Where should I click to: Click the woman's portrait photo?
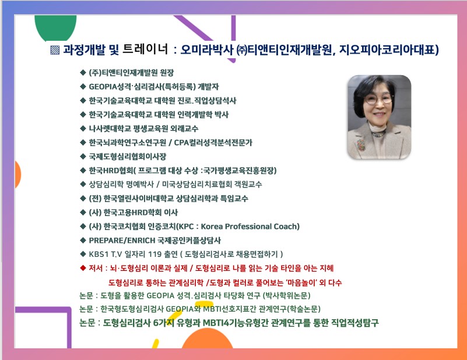point(380,117)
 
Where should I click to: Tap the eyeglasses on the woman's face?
point(378,99)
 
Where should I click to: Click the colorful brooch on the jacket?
point(361,144)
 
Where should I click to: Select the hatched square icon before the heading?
point(55,50)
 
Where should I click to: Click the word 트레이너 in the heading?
point(145,49)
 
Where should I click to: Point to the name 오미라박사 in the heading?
point(207,50)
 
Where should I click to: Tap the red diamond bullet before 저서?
point(83,268)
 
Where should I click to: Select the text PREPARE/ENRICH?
point(122,241)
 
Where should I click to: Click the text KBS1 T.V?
point(106,255)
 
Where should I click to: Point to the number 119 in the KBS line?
point(155,255)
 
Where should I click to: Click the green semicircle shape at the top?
point(55,27)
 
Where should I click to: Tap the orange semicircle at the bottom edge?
point(208,339)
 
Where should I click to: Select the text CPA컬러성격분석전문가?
point(213,143)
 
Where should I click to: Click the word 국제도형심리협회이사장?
point(128,157)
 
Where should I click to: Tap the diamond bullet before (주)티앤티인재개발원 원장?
point(83,72)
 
